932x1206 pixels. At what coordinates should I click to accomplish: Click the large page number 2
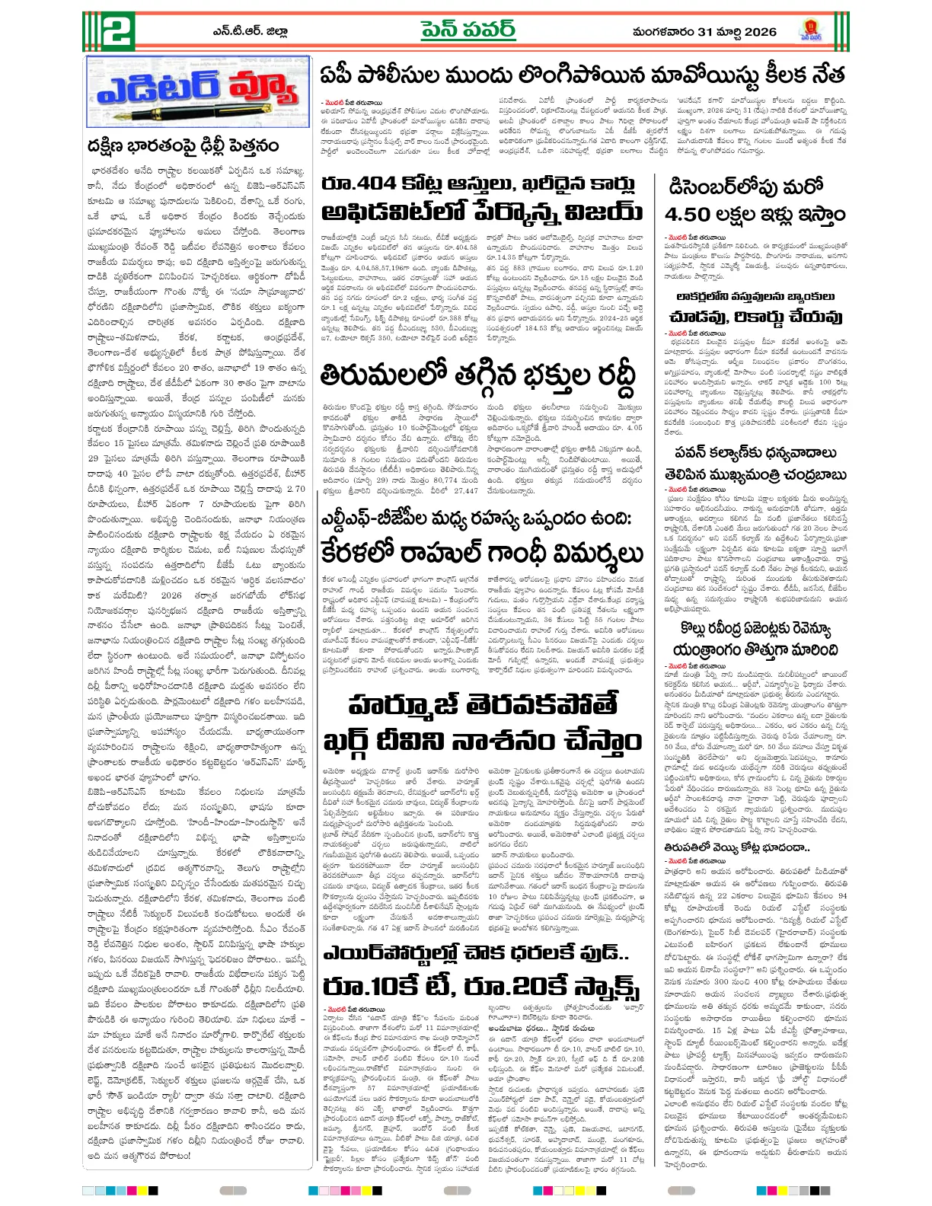click(110, 30)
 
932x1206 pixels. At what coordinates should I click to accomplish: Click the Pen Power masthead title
click(468, 30)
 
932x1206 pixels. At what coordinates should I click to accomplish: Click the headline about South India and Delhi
click(183, 145)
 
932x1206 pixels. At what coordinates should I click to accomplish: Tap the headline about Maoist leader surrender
click(582, 76)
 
